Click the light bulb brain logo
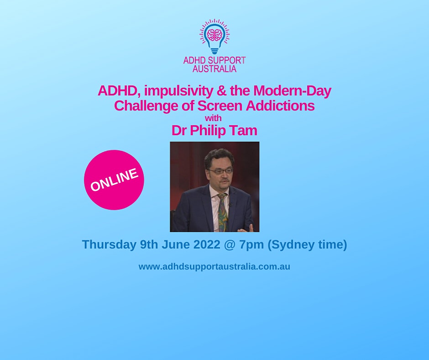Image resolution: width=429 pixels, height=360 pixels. pyautogui.click(x=214, y=37)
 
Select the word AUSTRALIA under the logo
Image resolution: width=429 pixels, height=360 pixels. pyautogui.click(x=214, y=69)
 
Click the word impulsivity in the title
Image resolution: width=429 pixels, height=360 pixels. pyautogui.click(x=178, y=91)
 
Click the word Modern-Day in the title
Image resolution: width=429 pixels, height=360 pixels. pyautogui.click(x=292, y=90)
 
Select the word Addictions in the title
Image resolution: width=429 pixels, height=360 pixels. pyautogui.click(x=280, y=106)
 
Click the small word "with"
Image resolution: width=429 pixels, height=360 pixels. pyautogui.click(x=213, y=118)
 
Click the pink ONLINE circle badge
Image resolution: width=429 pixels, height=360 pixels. pyautogui.click(x=114, y=180)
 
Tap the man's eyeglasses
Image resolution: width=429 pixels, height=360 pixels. pyautogui.click(x=220, y=171)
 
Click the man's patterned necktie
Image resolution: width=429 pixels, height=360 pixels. pyautogui.click(x=223, y=212)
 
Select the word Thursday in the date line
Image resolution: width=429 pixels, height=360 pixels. pyautogui.click(x=109, y=244)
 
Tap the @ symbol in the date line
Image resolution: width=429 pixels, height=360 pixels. pyautogui.click(x=229, y=245)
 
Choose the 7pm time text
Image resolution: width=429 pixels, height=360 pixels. pyautogui.click(x=251, y=245)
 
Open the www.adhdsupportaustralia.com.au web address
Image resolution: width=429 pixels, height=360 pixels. pyautogui.click(x=214, y=267)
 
